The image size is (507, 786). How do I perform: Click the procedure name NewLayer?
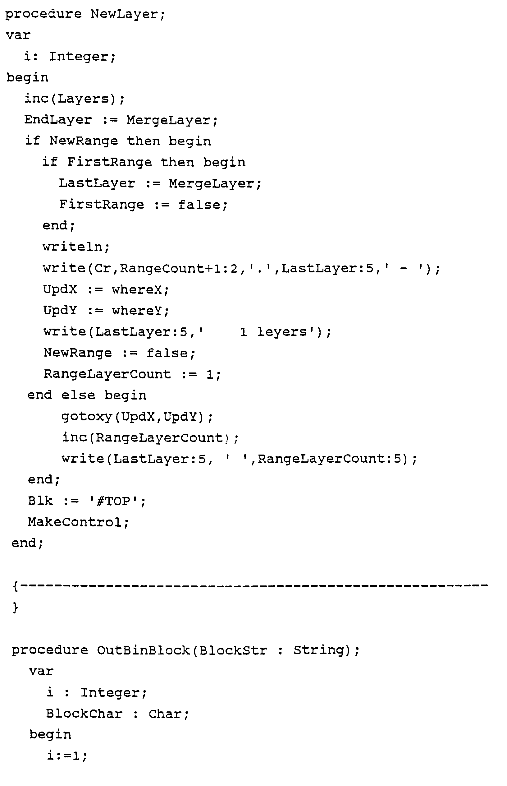pyautogui.click(x=125, y=15)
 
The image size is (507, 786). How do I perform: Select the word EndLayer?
pyautogui.click(x=58, y=120)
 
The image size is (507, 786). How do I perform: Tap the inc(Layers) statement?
pyautogui.click(x=74, y=99)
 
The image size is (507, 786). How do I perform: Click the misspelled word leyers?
pyautogui.click(x=282, y=332)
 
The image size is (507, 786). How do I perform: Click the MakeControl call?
pyautogui.click(x=78, y=522)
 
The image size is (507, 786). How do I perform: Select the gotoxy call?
pyautogui.click(x=137, y=417)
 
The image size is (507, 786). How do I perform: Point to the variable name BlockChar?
pyautogui.click(x=84, y=714)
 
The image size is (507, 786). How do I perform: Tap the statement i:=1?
pyautogui.click(x=66, y=755)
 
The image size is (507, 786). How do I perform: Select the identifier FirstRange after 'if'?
pyautogui.click(x=109, y=162)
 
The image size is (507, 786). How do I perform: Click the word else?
pyautogui.click(x=78, y=395)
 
